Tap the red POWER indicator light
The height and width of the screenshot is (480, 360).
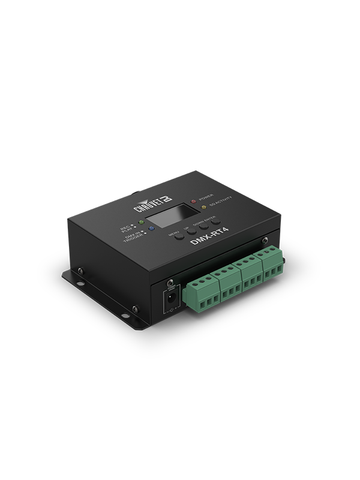click(193, 200)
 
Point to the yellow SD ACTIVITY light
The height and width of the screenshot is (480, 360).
click(203, 208)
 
